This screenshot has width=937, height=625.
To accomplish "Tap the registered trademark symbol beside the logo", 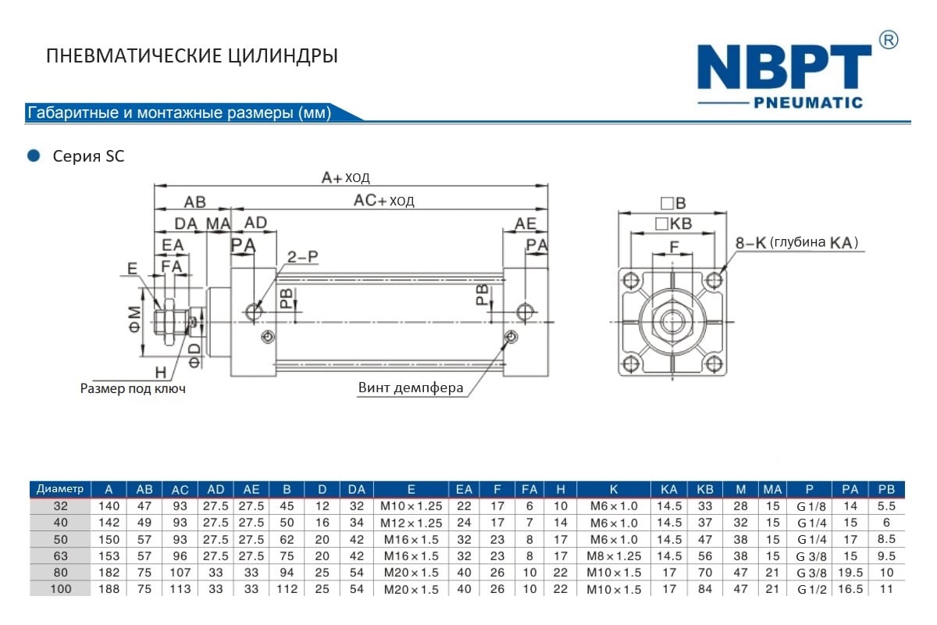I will [x=889, y=39].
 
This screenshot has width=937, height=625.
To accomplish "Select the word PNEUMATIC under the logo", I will [x=808, y=102].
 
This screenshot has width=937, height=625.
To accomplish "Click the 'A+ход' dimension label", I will [x=346, y=177].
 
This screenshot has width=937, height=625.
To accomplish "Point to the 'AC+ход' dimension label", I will [x=384, y=200].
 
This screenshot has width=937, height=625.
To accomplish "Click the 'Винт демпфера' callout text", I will [x=411, y=387].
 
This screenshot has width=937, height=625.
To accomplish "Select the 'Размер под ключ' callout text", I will [x=133, y=388].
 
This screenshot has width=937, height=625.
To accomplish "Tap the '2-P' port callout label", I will [x=302, y=256].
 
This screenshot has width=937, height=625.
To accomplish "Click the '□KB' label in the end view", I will [x=673, y=224].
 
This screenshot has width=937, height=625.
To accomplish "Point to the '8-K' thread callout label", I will [x=750, y=243].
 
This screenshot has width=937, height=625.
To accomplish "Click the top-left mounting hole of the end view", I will [x=629, y=280].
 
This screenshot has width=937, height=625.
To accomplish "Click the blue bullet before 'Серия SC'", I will [x=33, y=155].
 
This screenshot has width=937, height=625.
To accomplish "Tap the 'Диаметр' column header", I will [x=60, y=489].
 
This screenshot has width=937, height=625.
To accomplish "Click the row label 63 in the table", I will [x=61, y=556].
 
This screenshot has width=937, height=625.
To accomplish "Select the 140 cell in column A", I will [x=109, y=506].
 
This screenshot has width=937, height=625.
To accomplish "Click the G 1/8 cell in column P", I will [x=811, y=506].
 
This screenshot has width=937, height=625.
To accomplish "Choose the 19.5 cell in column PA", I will [x=850, y=573].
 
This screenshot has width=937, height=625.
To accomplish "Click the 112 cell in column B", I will [x=287, y=589].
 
